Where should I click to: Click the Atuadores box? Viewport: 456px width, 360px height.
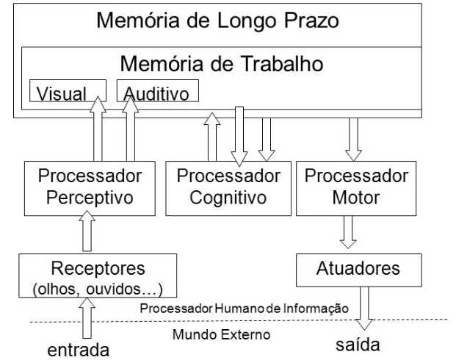pyautogui.click(x=358, y=269)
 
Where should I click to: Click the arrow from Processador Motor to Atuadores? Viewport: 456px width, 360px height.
pyautogui.click(x=350, y=231)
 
